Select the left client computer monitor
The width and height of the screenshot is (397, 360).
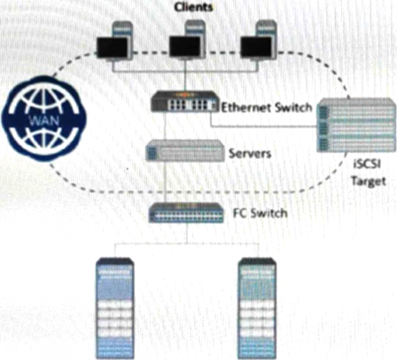pos(112,47)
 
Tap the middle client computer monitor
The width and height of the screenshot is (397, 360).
pos(184,47)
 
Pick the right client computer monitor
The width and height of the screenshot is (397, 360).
pos(255,47)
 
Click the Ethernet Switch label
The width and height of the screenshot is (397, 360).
pos(266,108)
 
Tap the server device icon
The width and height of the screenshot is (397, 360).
pos(183,150)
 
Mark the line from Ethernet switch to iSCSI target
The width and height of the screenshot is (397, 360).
pos(265,126)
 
